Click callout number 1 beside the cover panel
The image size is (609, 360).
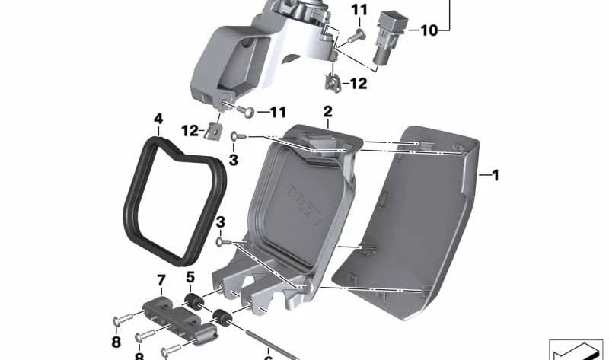pyautogui.click(x=495, y=176)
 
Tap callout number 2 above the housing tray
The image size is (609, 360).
pyautogui.click(x=328, y=112)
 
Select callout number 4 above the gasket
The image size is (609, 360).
pyautogui.click(x=158, y=119)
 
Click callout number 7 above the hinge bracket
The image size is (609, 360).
pyautogui.click(x=161, y=281)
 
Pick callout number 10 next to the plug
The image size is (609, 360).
pyautogui.click(x=429, y=31)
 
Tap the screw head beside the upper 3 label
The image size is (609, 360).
pyautogui.click(x=235, y=136)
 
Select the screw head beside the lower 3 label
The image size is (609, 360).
pyautogui.click(x=220, y=241)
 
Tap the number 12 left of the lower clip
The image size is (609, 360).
pyautogui.click(x=190, y=129)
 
